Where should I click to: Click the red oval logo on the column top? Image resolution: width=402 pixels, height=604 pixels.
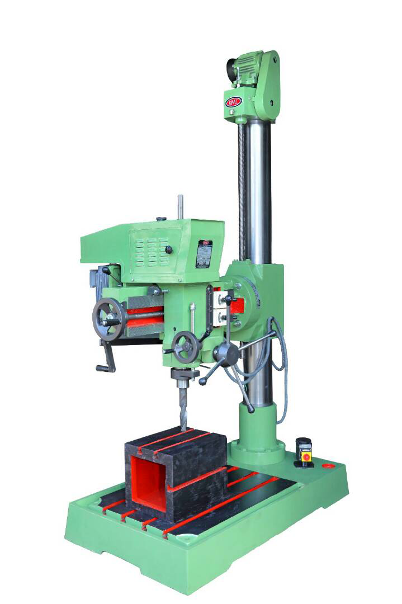click(x=234, y=102)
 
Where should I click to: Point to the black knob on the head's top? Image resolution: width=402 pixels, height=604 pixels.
click(x=161, y=219)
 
